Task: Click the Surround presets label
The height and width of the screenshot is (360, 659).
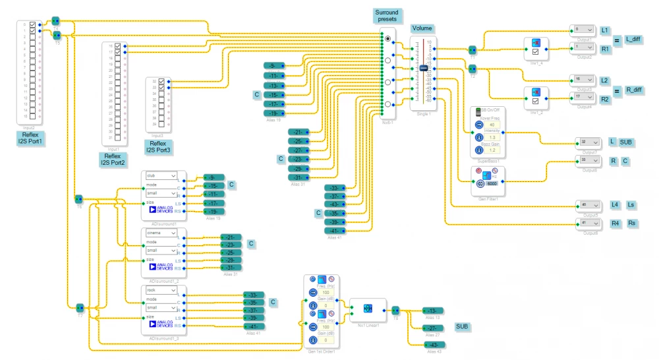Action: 387,16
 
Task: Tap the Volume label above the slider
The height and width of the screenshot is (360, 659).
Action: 422,28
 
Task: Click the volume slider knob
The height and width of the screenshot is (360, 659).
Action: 423,69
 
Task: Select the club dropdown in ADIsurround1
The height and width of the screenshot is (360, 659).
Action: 161,176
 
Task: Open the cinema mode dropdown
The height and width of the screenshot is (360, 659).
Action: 161,233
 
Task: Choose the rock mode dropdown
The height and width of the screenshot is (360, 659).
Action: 161,290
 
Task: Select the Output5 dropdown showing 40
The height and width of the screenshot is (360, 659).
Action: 587,205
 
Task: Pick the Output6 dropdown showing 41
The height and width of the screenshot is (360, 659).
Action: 587,224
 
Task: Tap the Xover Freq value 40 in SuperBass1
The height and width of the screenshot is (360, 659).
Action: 492,124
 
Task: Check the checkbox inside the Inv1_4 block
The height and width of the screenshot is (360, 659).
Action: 536,51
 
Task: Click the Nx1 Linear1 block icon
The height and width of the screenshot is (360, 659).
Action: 368,308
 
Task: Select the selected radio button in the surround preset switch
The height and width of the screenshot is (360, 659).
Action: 387,39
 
